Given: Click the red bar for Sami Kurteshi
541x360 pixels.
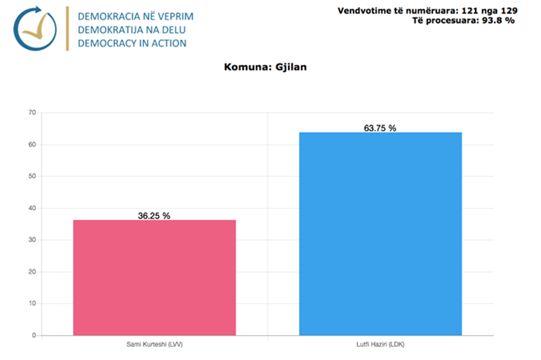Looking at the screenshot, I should coord(155,277).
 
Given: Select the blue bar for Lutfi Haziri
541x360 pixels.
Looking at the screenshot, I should coord(380,234).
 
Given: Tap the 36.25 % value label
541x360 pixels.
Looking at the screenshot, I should coord(154,216).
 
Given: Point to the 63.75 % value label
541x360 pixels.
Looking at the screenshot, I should coord(380,128).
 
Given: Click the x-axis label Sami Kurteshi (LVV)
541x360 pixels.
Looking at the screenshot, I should coord(154,345).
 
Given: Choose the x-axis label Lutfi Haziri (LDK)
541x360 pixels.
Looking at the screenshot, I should coord(380,345).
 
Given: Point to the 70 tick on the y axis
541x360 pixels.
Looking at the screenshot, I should coord(32,113).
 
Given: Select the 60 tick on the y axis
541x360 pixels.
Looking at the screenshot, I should coord(32,145).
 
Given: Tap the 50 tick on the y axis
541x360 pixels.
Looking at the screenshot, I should coord(32,176).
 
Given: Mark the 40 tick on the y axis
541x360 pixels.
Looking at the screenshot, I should coord(32,208).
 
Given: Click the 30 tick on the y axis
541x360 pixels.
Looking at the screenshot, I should coord(32,240).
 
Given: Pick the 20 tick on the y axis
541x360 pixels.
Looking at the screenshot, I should coord(32,272).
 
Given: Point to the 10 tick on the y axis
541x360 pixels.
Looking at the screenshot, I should coord(32,303).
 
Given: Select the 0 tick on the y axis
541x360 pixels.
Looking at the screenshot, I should coord(34,335).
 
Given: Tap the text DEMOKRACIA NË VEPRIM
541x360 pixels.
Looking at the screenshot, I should coord(136,16).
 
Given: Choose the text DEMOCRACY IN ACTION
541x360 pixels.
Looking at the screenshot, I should coord(132,43).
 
